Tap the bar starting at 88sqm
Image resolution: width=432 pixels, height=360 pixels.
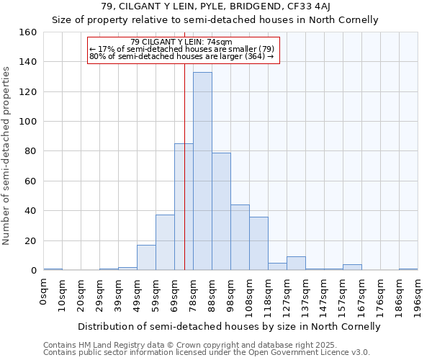click(221, 212)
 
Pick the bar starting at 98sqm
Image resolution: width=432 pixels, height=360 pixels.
click(240, 238)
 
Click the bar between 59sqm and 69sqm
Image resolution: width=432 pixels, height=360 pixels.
click(165, 243)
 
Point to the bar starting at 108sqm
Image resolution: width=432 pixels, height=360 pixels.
click(258, 243)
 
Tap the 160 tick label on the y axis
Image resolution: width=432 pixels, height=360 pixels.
click(27, 32)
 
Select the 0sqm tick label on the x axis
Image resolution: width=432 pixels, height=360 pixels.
click(44, 292)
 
